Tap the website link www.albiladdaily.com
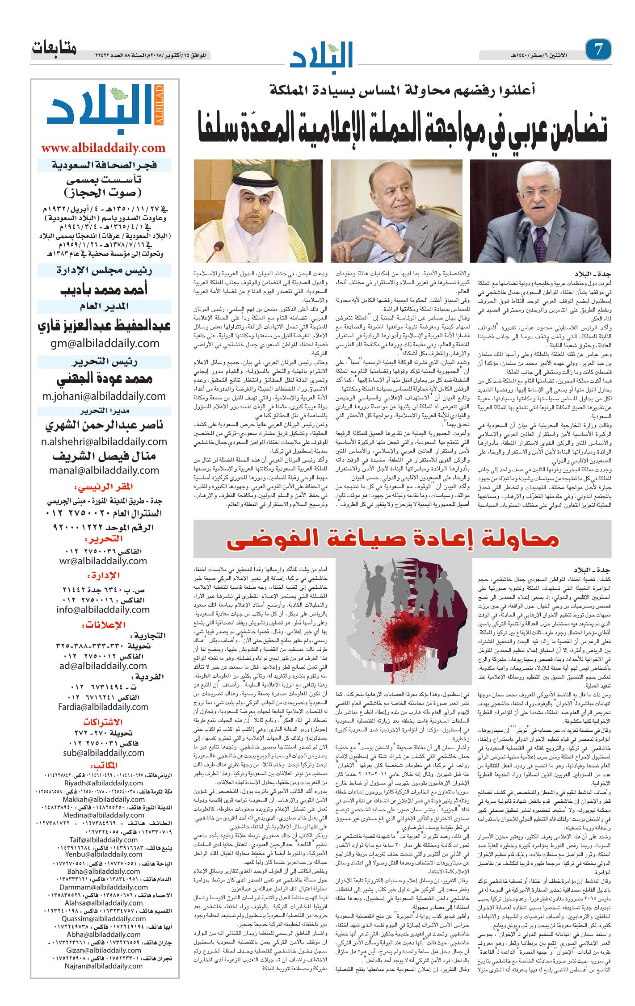point(103,148)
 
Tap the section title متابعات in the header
point(54,48)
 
